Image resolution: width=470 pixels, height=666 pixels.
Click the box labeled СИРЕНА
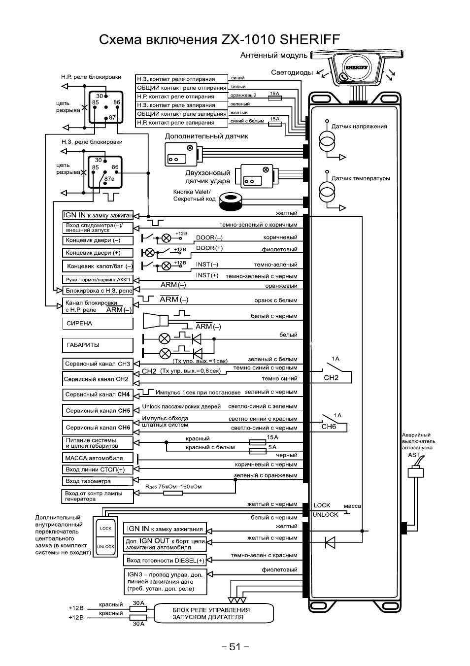coord(98,324)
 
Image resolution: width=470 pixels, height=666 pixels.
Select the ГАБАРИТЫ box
coord(98,345)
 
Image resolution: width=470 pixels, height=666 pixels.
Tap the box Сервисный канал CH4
coord(98,395)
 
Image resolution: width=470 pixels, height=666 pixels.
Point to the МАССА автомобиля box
coord(98,458)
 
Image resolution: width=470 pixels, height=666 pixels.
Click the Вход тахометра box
coord(98,481)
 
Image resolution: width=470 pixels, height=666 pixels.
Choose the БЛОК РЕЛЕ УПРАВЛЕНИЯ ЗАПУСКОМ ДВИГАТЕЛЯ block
coord(214,613)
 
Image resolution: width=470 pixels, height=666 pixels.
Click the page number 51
coord(235,647)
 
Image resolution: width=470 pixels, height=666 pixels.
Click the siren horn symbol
coord(153,320)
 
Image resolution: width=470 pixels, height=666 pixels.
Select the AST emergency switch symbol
coord(416,472)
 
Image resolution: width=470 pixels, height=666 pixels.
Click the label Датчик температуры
coord(361,178)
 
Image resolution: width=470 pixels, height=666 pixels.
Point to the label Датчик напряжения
coord(359,126)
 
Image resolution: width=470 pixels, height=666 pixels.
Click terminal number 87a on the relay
coord(109,179)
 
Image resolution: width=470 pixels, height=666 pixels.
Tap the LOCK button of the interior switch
coord(106,529)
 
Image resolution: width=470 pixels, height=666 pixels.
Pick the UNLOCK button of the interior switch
coord(106,547)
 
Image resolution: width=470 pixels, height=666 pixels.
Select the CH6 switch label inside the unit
coord(329,427)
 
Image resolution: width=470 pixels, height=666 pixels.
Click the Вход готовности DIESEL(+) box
coord(165,561)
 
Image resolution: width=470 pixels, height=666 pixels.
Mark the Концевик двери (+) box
coord(98,253)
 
